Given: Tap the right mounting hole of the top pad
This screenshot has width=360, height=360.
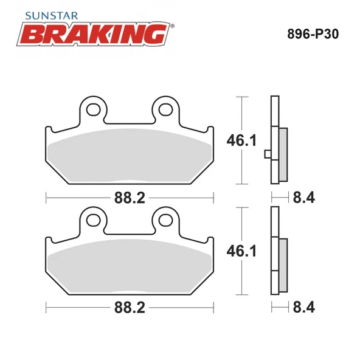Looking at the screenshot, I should pos(166,109).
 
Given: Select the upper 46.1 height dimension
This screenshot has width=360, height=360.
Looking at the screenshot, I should pos(241,140).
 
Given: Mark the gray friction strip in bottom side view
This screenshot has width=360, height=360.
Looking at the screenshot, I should pos(283,265).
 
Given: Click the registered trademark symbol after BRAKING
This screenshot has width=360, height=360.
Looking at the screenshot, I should pos(172,26).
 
